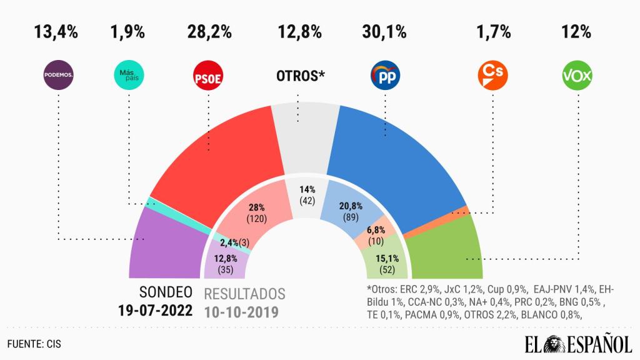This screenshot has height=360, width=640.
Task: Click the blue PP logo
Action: pos(385,76)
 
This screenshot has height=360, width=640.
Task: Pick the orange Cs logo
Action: pos(492,75)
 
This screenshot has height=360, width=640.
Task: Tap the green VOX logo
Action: pos(577,76)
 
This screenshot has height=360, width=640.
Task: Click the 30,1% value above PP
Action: pos(384,31)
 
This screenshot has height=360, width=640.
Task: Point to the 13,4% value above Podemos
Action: pos(56,31)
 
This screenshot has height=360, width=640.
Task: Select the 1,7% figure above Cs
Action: pos(492,31)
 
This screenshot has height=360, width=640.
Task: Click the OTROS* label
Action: pos(301,76)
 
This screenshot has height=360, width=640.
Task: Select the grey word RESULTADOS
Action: pos(245,294)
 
